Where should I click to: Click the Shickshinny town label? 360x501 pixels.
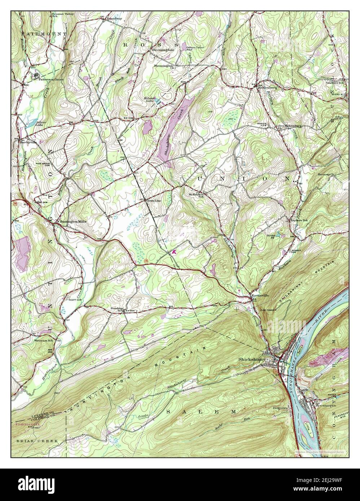click(x=251, y=360)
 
